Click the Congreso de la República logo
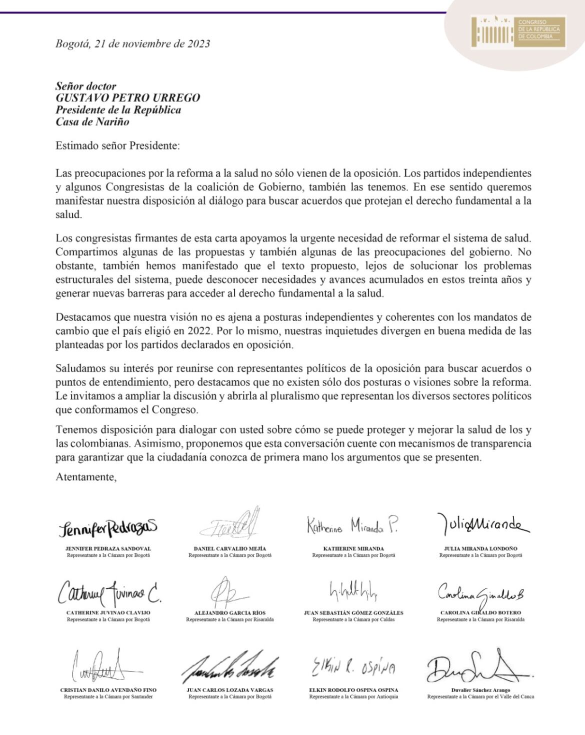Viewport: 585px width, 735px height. coord(518,33)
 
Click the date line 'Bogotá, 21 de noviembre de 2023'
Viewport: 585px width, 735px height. coord(132,43)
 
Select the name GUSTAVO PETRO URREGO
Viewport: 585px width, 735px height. coord(127,97)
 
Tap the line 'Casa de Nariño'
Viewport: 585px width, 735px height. coord(92,121)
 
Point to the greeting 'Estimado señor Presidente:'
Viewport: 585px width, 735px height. coord(117,146)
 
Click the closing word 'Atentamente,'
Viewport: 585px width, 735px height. coord(86,476)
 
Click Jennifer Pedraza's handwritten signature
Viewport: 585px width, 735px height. coord(107,526)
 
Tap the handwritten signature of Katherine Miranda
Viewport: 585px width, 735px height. coord(353,524)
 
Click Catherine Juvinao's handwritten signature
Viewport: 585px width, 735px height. coord(108,593)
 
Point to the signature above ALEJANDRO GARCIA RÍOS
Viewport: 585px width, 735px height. coord(227,592)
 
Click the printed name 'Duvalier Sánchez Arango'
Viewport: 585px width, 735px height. coord(480,690)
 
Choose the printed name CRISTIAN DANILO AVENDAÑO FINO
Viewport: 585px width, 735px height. coord(108,690)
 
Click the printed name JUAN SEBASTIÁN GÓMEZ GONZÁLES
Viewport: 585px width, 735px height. coord(353,612)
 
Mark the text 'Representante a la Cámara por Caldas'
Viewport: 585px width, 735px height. coord(353,619)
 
